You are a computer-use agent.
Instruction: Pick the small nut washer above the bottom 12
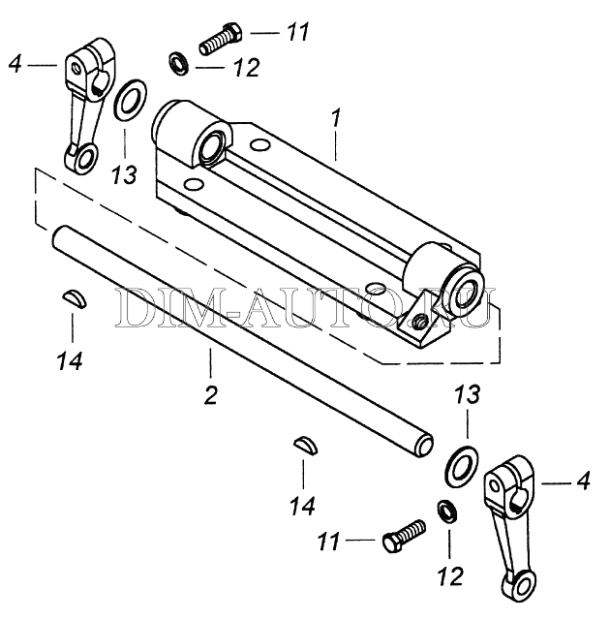coord(446,509)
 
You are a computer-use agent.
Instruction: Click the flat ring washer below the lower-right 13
coord(460,464)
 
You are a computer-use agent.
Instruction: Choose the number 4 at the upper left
coord(15,64)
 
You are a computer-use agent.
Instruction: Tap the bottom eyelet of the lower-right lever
coord(512,585)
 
